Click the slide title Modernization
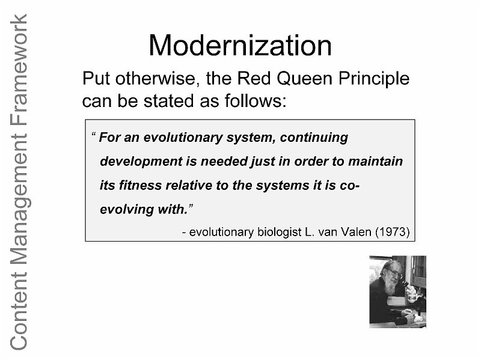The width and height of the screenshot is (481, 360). [240, 46]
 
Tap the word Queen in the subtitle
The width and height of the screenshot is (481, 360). [304, 79]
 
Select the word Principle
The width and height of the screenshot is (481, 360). [374, 79]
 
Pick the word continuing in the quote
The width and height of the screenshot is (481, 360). [314, 138]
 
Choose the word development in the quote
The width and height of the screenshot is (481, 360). [141, 162]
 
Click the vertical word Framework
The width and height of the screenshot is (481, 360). [19, 70]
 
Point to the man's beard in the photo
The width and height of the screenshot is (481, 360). [388, 288]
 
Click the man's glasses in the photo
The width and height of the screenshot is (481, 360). [394, 273]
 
